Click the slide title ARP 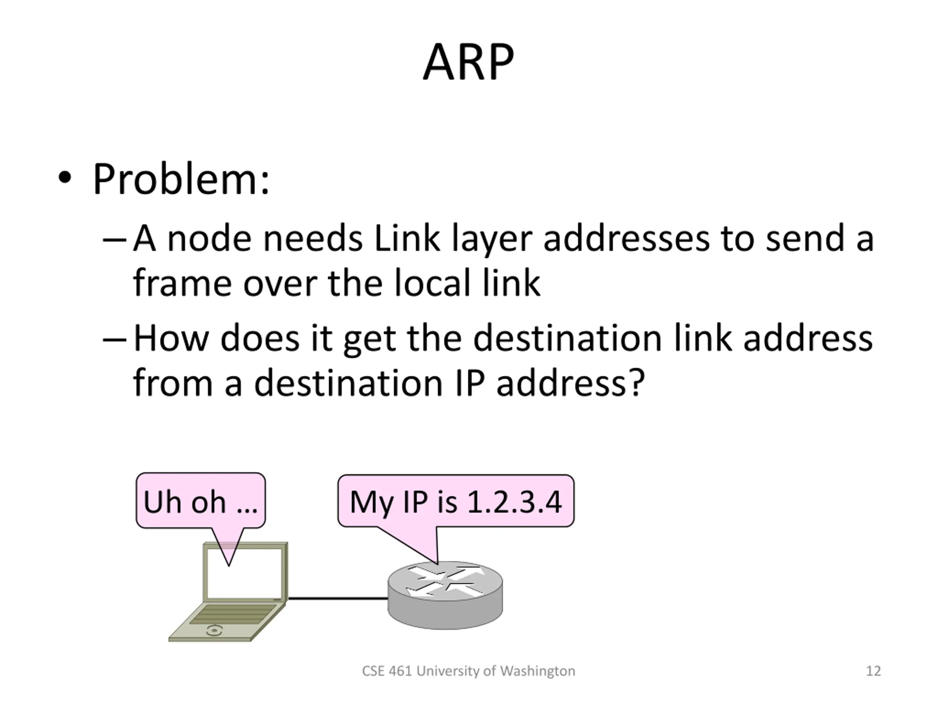tap(468, 62)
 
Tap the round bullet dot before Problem tap(64, 178)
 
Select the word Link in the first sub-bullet tap(407, 239)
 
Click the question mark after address tap(637, 383)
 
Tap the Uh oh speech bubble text tap(200, 502)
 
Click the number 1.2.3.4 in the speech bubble tap(514, 502)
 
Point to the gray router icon tap(445, 595)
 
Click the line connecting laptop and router tap(337, 598)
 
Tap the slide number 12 tap(873, 671)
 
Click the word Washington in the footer tap(537, 671)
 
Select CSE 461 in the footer tap(387, 671)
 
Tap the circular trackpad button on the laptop tap(214, 631)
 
